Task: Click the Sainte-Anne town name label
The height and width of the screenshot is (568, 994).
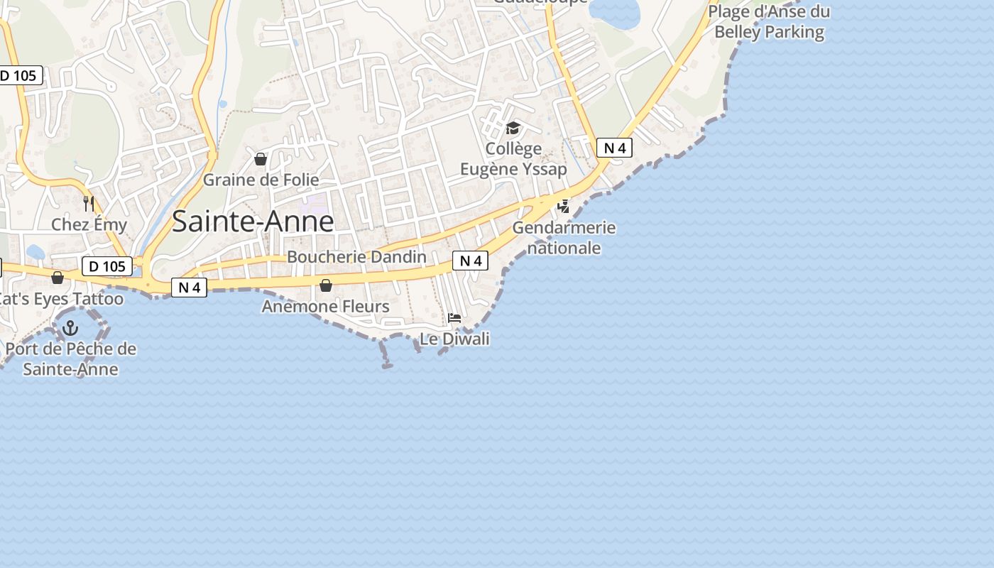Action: point(253,222)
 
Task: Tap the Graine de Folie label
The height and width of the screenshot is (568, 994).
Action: point(261,180)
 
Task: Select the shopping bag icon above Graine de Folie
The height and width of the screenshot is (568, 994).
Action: point(261,159)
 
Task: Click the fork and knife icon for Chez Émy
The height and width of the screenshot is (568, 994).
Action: point(89,204)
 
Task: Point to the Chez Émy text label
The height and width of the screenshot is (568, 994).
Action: point(89,225)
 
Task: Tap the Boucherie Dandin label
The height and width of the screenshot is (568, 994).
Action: point(356,257)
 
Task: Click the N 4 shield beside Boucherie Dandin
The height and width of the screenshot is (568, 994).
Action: point(470,261)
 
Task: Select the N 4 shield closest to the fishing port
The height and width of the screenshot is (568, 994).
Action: point(189,288)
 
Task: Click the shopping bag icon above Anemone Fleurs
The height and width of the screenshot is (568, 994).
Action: point(326,285)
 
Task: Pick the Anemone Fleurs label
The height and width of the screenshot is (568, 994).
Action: point(326,307)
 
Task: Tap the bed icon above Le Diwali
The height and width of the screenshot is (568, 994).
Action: point(454,317)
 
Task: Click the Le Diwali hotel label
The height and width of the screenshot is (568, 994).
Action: point(454,339)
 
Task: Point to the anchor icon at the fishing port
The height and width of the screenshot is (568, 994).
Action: point(70,328)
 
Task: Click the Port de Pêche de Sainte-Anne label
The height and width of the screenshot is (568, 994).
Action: point(70,359)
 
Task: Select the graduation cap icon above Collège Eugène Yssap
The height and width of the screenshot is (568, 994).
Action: point(513,129)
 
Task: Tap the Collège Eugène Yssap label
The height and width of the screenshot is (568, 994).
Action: point(513,159)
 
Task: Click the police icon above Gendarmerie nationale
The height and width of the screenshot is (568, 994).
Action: point(564,207)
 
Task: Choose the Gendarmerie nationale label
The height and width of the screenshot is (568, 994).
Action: point(564,238)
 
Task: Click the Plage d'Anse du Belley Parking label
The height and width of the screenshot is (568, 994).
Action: point(769,21)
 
